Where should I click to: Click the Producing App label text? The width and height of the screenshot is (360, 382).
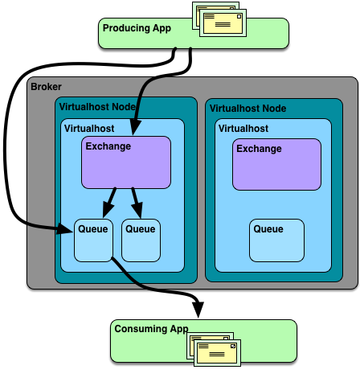tap(137, 28)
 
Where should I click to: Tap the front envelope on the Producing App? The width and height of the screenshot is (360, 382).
tap(223, 23)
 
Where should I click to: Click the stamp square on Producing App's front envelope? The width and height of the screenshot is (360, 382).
tap(239, 17)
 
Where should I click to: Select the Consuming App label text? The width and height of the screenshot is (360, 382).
tap(151, 329)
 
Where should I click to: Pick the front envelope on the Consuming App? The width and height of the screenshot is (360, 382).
tap(217, 353)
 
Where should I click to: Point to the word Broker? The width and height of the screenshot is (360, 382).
tap(46, 87)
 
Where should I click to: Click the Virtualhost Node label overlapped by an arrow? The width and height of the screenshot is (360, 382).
tap(97, 107)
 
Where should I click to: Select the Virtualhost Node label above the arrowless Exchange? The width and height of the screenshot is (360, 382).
tap(247, 109)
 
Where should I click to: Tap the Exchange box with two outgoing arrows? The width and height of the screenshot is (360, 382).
tap(126, 162)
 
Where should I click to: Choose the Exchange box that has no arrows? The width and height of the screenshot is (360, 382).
tap(276, 164)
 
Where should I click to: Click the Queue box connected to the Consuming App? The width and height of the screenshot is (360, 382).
tap(93, 240)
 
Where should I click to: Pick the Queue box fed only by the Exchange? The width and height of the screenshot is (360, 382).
tap(141, 240)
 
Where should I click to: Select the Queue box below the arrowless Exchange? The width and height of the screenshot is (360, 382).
tap(276, 240)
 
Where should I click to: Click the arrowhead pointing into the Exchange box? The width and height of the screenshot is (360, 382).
tap(136, 127)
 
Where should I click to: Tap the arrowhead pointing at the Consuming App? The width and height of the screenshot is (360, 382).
tap(198, 310)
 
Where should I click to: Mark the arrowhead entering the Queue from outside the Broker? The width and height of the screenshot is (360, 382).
tap(65, 229)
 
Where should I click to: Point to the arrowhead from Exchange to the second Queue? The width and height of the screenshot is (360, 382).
tap(137, 210)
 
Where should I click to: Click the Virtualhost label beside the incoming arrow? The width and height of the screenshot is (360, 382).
tap(89, 129)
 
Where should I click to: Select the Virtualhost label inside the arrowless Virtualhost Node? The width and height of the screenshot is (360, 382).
tap(243, 129)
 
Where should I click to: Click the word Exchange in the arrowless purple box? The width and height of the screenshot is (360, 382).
tap(259, 149)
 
